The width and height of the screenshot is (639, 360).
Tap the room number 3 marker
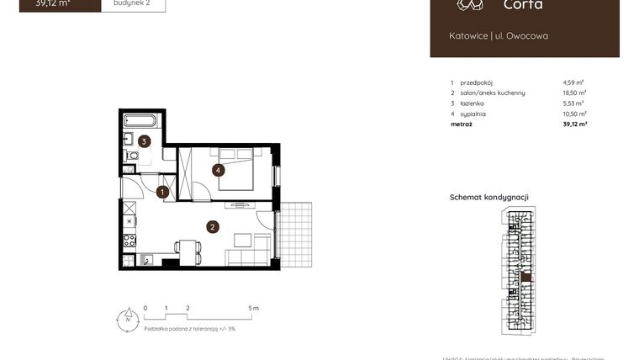click(x=145, y=141)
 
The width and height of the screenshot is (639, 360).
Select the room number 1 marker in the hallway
click(x=162, y=192)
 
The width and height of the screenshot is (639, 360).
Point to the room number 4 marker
click(x=218, y=170)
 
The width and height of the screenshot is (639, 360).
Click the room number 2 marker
click(x=213, y=225)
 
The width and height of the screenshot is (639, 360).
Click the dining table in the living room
click(x=188, y=249)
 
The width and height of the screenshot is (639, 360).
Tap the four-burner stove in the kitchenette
click(x=129, y=240)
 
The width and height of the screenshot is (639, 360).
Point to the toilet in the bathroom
click(x=131, y=156)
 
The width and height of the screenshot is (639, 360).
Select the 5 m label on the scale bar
click(x=254, y=309)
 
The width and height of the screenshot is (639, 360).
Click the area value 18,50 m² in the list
click(x=574, y=93)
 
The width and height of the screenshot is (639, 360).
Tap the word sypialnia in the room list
click(x=473, y=114)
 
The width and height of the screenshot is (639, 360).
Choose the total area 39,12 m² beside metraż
click(x=574, y=124)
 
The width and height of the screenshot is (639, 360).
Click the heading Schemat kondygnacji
click(x=489, y=197)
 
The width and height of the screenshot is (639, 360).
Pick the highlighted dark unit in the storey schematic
click(x=525, y=277)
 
